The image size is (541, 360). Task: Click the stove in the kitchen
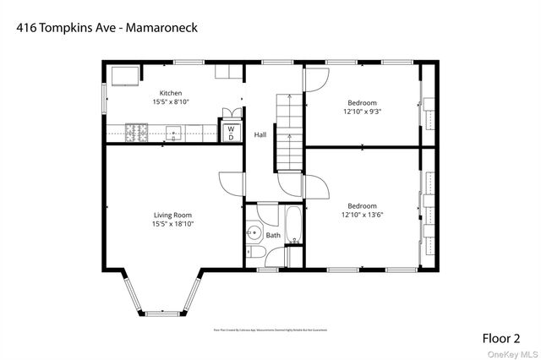[x=136, y=131]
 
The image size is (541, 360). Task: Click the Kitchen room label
[x=171, y=93]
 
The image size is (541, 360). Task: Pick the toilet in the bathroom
[x=256, y=252]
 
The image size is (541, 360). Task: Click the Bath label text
[x=273, y=235]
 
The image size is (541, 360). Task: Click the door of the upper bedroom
[x=313, y=80]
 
